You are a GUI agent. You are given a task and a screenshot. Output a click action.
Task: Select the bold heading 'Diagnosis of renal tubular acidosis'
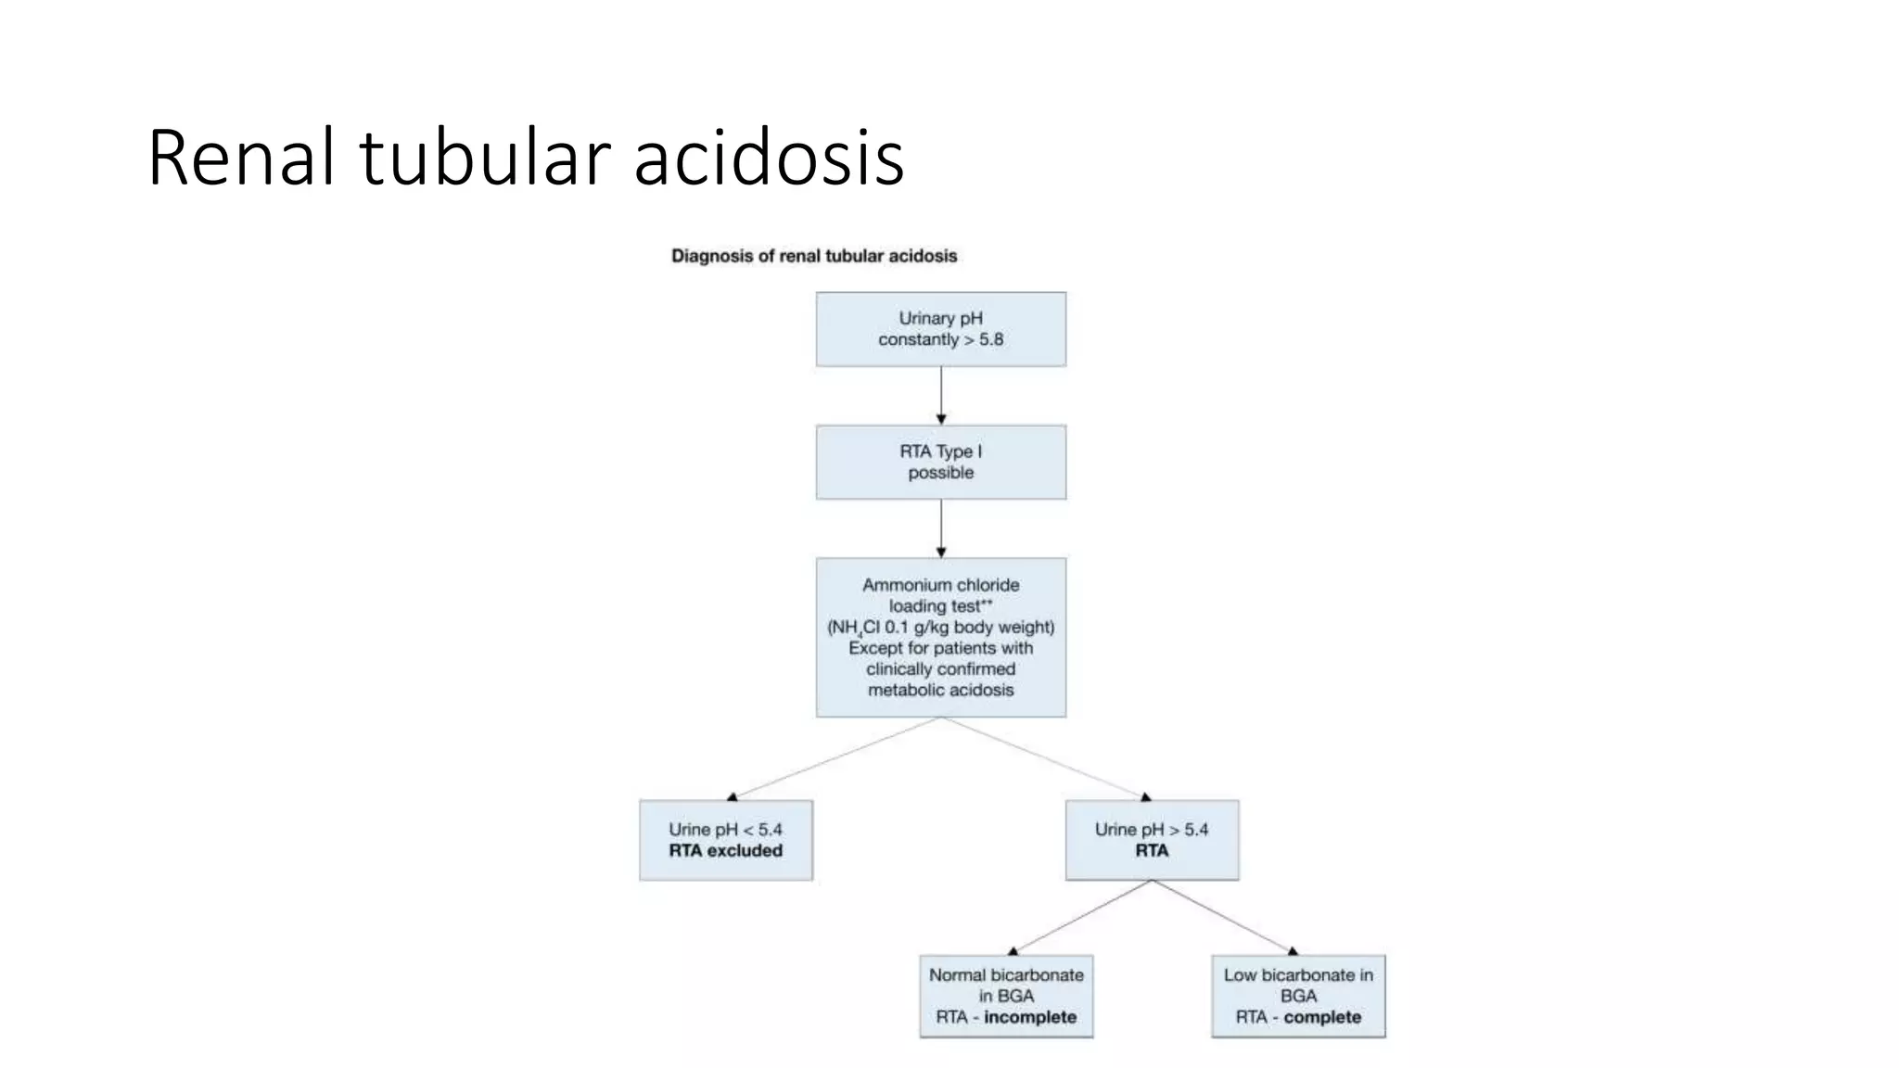click(x=813, y=256)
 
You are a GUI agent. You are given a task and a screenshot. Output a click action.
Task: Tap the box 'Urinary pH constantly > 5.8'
click(x=940, y=329)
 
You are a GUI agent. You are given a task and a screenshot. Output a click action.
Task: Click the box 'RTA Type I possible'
click(x=940, y=462)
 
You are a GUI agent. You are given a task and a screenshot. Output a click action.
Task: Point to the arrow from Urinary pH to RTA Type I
click(x=940, y=394)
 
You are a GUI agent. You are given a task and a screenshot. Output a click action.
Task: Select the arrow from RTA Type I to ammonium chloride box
click(x=940, y=528)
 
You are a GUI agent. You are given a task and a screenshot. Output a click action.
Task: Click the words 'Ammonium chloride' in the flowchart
click(x=940, y=585)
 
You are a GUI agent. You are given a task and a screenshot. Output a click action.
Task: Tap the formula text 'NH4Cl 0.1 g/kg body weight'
click(x=940, y=628)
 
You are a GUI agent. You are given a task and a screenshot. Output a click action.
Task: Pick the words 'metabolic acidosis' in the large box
click(x=940, y=690)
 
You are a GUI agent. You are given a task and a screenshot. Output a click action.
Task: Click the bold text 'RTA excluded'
click(x=725, y=851)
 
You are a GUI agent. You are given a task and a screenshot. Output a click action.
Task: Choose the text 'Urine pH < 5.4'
click(x=725, y=830)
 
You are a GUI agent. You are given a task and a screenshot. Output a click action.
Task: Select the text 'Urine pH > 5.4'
click(x=1151, y=830)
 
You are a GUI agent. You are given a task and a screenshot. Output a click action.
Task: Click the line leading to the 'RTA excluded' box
click(x=835, y=758)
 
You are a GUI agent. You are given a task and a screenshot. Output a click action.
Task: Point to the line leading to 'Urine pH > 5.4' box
click(x=1046, y=758)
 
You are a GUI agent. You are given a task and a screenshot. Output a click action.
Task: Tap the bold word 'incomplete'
click(x=1029, y=1017)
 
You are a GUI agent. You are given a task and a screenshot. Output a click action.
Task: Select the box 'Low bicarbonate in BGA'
click(x=1297, y=996)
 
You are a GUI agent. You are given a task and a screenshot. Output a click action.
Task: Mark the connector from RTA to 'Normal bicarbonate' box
click(x=1081, y=916)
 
